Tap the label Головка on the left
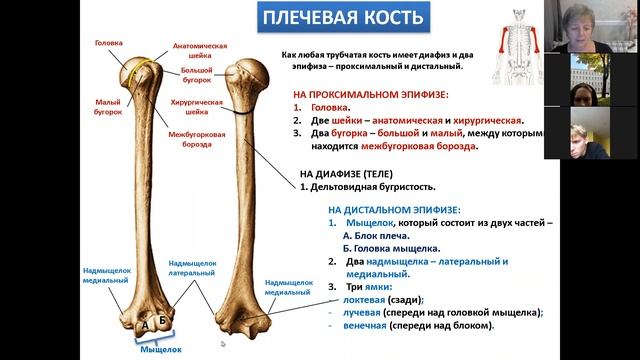108,43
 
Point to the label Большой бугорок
196,77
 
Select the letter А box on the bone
145,324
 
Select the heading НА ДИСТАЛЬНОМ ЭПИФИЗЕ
394,210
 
